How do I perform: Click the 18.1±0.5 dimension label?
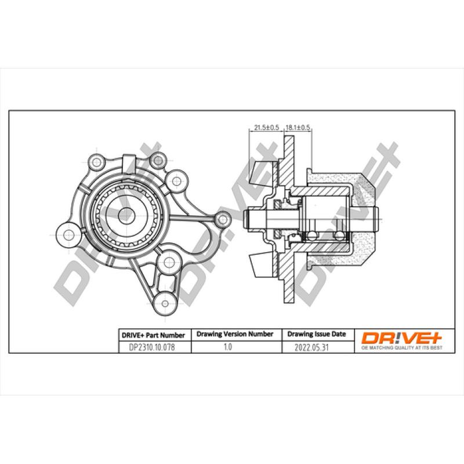pyautogui.click(x=299, y=127)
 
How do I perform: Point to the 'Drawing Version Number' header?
pyautogui.click(x=235, y=334)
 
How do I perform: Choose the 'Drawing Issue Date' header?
pyautogui.click(x=317, y=334)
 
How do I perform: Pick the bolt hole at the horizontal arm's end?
pyautogui.click(x=221, y=219)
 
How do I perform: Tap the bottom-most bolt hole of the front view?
pyautogui.click(x=165, y=302)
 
